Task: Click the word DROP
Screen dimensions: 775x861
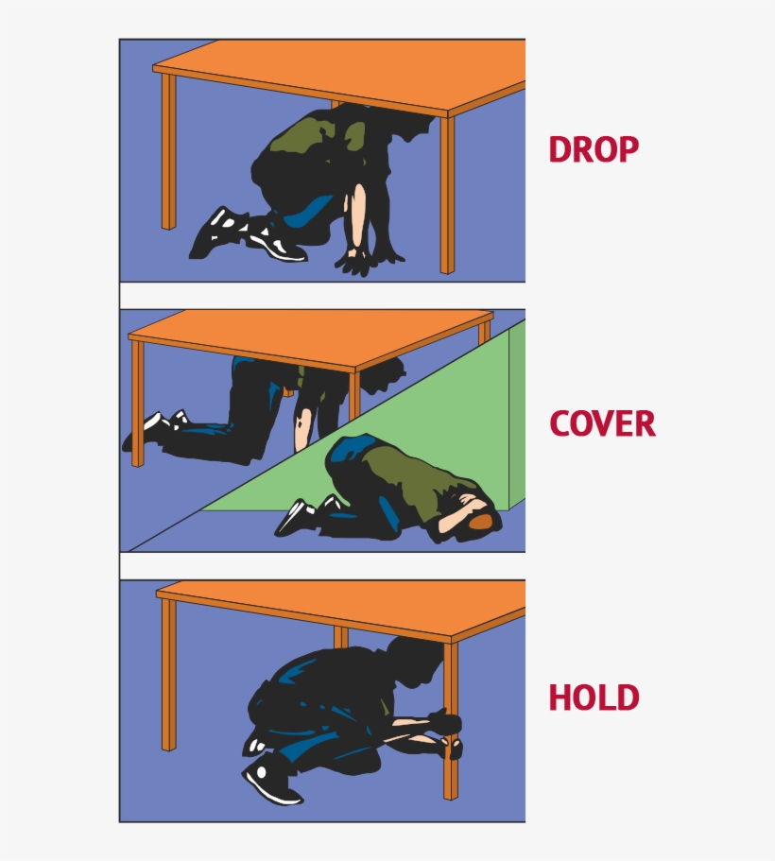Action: (594, 149)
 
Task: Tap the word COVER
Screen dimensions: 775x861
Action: (603, 423)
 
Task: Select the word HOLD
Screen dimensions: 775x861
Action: (594, 697)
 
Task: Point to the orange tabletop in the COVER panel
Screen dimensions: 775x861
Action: (310, 337)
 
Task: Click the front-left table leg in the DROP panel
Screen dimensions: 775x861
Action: (168, 151)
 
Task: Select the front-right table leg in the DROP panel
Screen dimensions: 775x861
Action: (447, 195)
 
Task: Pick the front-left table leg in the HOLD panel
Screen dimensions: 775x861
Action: (168, 674)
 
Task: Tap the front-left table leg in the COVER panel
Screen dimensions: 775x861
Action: (137, 404)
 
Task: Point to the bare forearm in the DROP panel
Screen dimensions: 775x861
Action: (358, 215)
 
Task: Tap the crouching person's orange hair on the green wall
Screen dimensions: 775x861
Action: (481, 523)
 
